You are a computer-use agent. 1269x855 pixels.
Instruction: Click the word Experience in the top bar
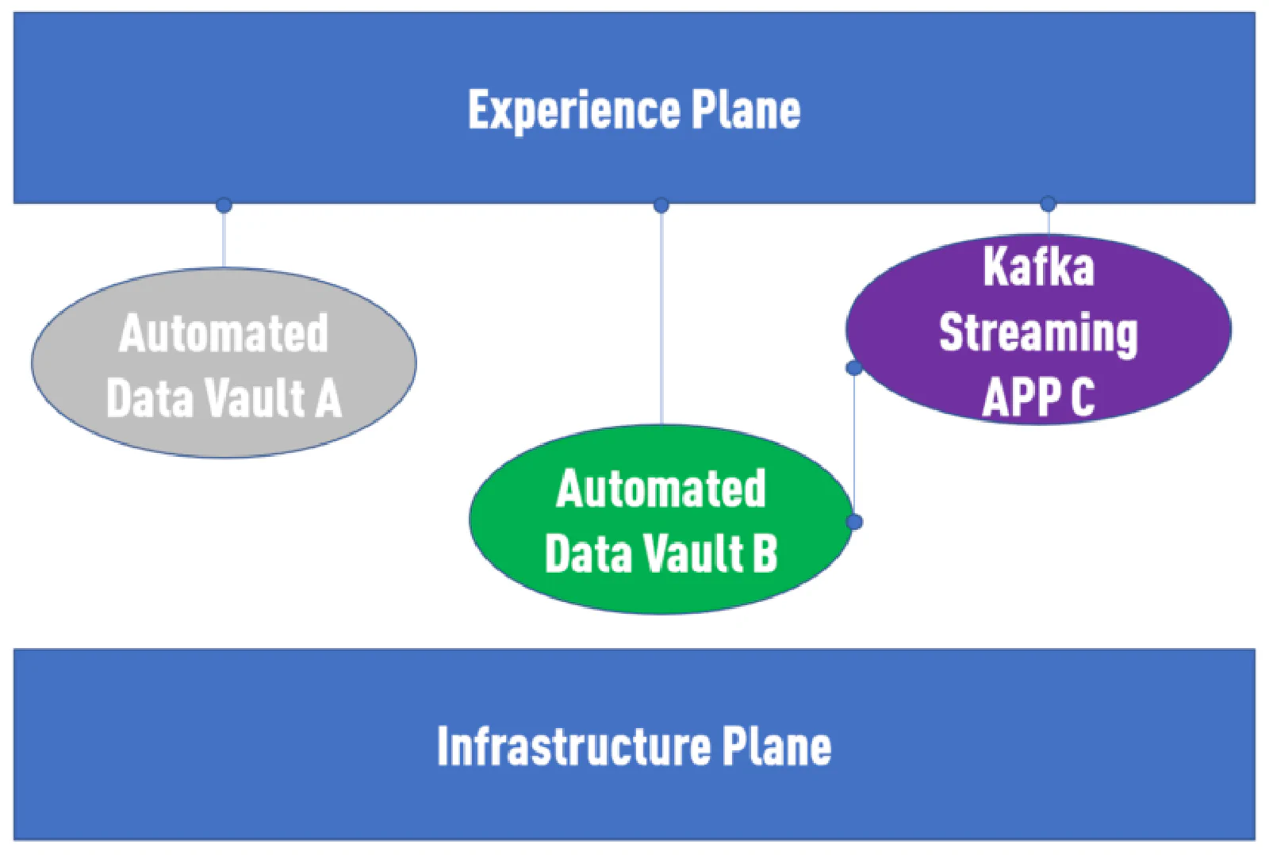573,110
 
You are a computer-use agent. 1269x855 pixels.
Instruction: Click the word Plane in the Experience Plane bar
746,109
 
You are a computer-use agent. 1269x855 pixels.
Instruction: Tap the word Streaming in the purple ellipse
1038,333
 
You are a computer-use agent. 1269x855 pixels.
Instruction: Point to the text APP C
1038,397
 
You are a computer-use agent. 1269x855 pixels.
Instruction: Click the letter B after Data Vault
765,553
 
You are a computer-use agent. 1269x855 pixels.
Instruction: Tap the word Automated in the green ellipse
661,489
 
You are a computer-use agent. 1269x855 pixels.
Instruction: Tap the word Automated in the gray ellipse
224,333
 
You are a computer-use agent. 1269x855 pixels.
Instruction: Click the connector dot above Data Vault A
224,205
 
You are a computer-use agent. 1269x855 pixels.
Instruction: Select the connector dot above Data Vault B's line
661,205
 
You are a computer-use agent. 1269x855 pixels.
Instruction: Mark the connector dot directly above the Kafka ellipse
1048,204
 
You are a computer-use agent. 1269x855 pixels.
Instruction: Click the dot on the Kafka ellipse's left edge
854,368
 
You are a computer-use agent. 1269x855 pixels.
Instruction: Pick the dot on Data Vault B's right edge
854,522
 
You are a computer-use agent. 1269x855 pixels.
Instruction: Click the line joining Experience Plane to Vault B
661,317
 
